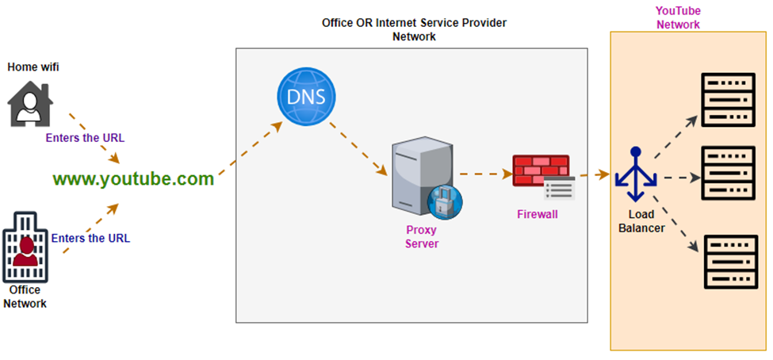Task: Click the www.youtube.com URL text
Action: pyautogui.click(x=133, y=179)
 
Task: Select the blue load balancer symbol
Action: pyautogui.click(x=635, y=174)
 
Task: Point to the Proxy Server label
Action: pyautogui.click(x=422, y=237)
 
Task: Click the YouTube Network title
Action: pyautogui.click(x=677, y=17)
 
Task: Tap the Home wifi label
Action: pyautogui.click(x=33, y=67)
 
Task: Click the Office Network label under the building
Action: pyautogui.click(x=25, y=297)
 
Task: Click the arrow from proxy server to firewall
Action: pyautogui.click(x=484, y=174)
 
